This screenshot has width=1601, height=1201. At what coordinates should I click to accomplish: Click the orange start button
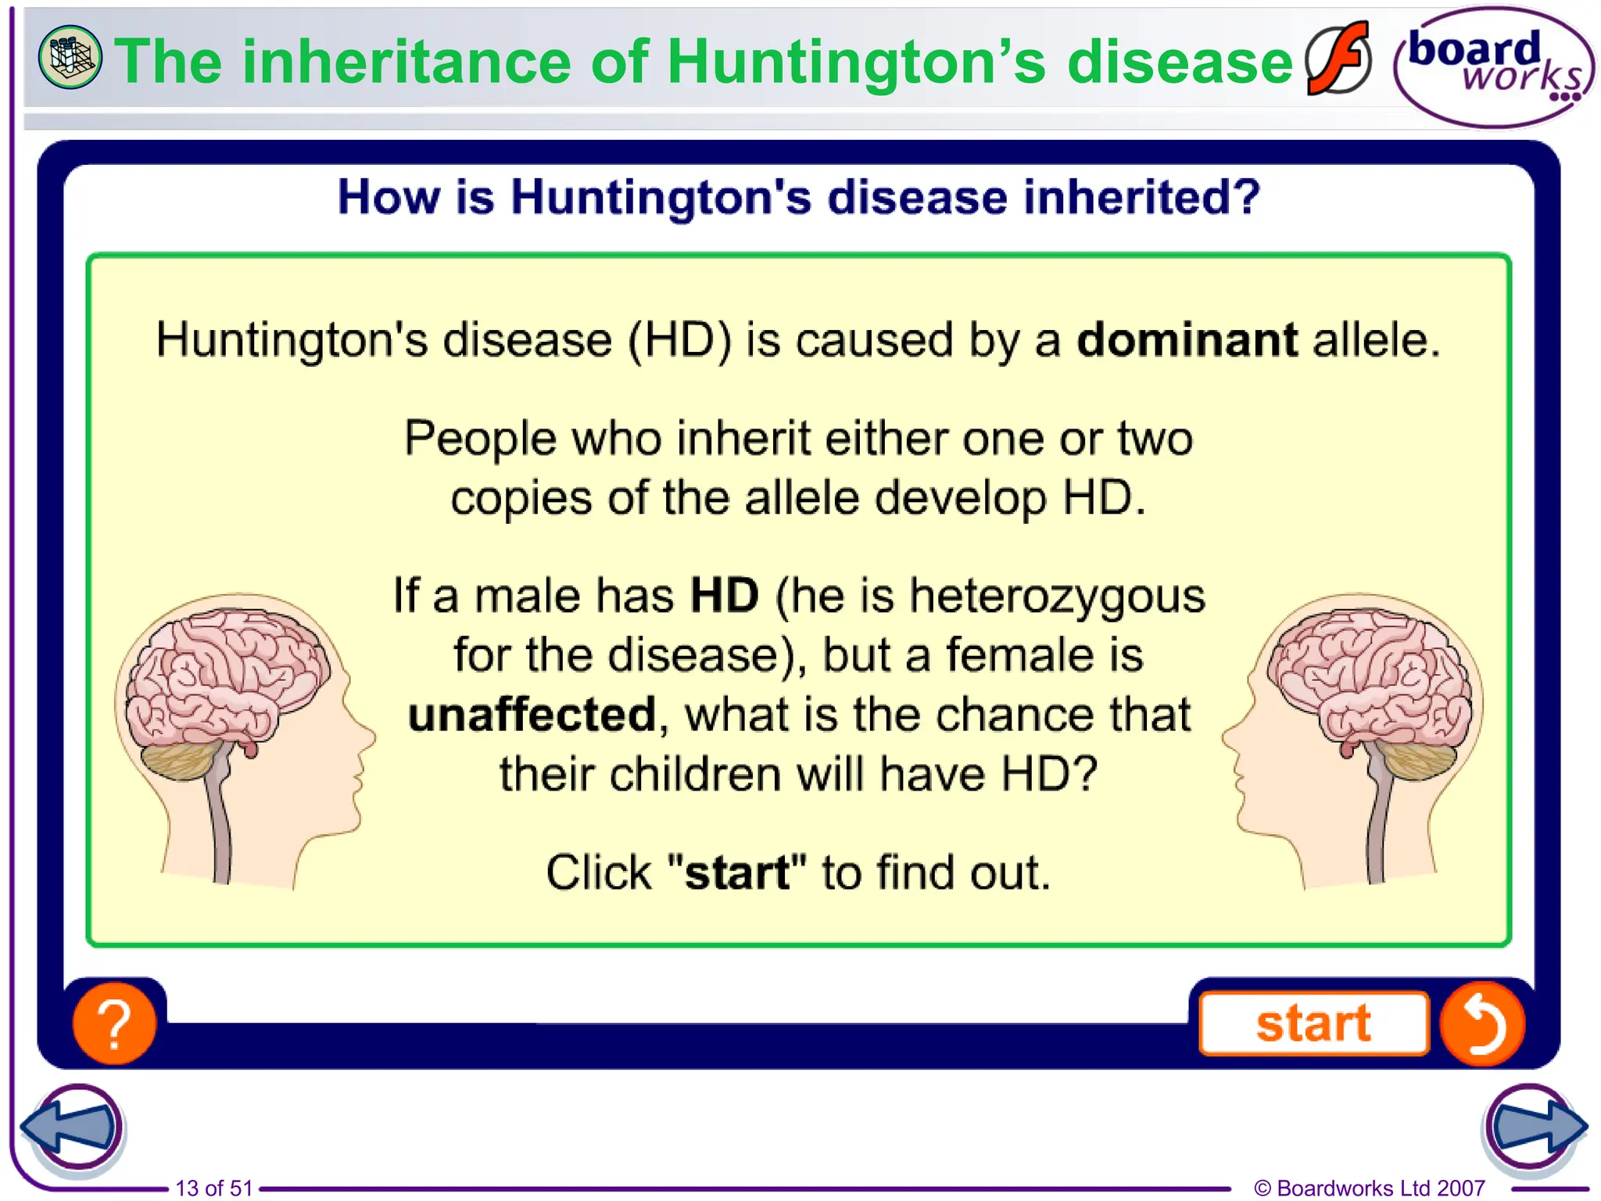point(1313,1023)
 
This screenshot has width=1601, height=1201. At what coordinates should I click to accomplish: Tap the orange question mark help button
point(114,1024)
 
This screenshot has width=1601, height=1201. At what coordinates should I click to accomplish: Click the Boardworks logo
point(1493,67)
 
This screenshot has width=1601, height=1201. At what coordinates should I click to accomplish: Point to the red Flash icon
point(1338,59)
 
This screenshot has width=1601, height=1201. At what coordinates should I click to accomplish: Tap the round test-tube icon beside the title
point(70,57)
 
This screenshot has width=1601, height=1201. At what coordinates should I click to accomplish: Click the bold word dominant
point(1187,340)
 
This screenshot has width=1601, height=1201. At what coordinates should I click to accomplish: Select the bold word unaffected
point(532,715)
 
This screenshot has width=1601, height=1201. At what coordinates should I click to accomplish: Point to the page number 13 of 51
point(214,1188)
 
